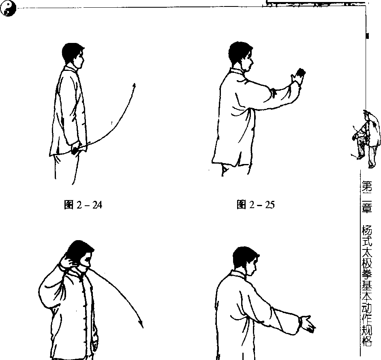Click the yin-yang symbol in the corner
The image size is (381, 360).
8,8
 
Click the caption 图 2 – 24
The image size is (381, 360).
83,205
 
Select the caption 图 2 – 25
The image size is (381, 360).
255,205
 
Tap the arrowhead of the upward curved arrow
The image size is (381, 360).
134,86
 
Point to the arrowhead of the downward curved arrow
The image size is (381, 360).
141,324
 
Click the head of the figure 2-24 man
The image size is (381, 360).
73,56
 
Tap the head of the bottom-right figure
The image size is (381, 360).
245,260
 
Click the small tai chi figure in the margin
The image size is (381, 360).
366,139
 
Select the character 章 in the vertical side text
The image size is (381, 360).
367,208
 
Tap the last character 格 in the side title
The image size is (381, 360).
367,341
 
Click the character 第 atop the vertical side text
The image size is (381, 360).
367,186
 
